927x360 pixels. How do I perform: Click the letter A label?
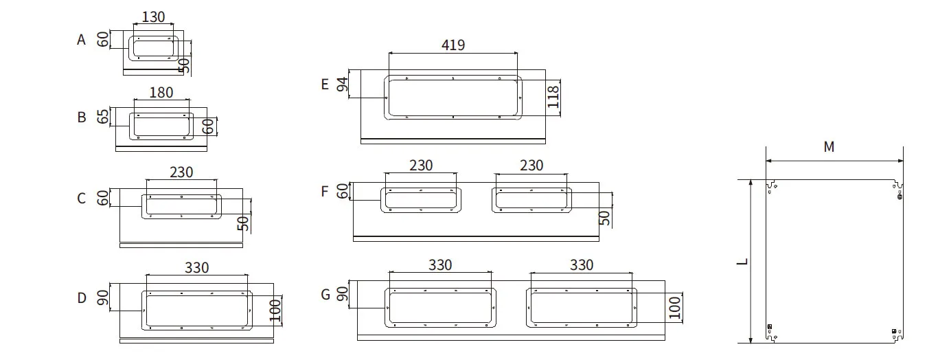[81, 40]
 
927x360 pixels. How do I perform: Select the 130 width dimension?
[154, 17]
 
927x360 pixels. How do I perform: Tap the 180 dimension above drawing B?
[161, 92]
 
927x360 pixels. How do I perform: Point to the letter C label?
[82, 198]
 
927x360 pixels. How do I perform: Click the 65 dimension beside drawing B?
[103, 116]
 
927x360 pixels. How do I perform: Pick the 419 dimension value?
[453, 45]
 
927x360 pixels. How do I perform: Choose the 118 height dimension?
[553, 96]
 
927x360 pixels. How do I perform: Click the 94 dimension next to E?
[342, 85]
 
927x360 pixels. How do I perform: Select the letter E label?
[325, 85]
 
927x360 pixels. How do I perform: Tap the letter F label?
[325, 192]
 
